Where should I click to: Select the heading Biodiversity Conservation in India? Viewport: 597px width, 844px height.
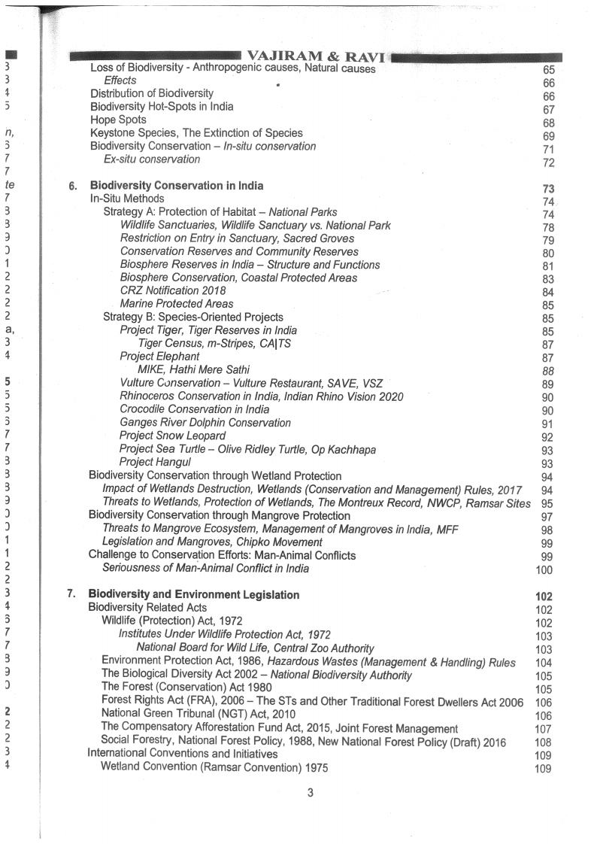[x=177, y=185]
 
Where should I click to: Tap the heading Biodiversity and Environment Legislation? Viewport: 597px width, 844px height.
[x=194, y=594]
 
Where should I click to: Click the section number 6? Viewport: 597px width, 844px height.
[x=72, y=186]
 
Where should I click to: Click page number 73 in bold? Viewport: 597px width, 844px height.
[x=547, y=189]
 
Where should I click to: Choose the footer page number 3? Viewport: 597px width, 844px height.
[x=310, y=791]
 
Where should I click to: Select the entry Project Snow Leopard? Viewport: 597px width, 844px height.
[x=172, y=436]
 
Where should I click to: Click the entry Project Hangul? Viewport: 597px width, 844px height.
[x=155, y=462]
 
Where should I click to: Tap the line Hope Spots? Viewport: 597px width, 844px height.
[x=118, y=120]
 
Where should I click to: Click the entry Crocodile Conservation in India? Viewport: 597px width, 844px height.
[x=194, y=409]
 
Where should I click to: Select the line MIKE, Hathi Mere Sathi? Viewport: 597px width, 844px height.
[x=193, y=369]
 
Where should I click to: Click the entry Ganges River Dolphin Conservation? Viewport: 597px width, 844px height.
[x=205, y=423]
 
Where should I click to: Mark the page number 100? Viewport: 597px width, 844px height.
[x=544, y=570]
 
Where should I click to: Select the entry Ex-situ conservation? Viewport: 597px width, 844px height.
[x=152, y=159]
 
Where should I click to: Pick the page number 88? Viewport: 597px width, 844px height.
[x=547, y=371]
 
